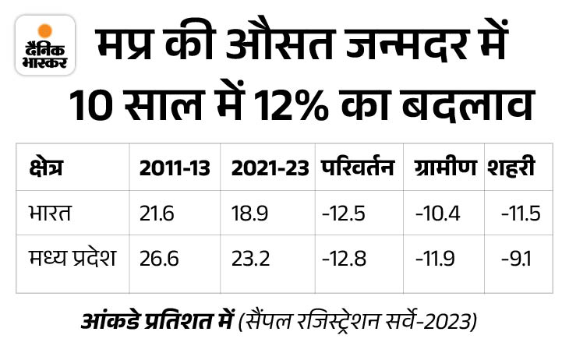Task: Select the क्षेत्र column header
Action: [x=48, y=168]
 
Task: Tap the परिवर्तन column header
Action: [x=356, y=168]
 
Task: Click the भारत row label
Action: [x=49, y=214]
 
